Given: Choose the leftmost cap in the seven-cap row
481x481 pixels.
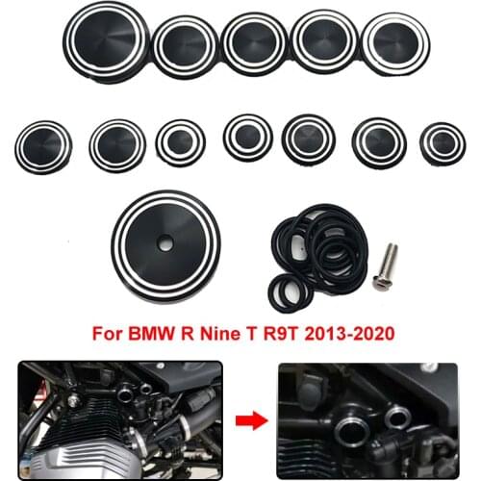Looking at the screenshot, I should click(43, 145).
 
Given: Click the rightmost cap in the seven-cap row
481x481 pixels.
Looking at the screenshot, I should click(443, 141).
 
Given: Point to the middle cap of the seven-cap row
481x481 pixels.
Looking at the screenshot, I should click(247, 138).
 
